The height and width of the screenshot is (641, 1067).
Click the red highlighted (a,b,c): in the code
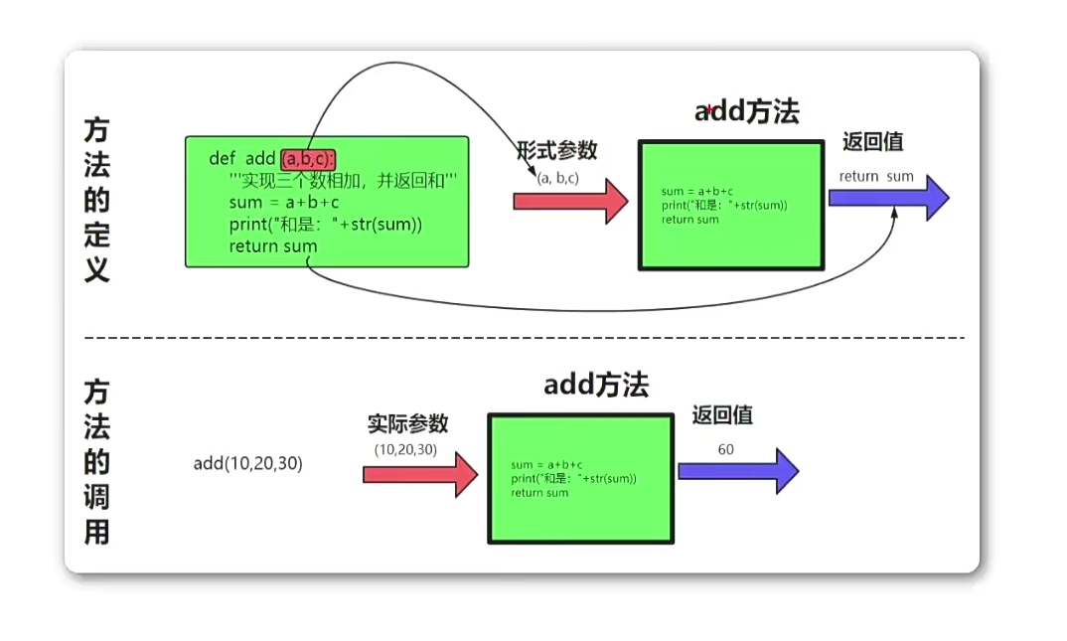tap(308, 159)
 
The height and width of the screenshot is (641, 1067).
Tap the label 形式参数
tap(556, 151)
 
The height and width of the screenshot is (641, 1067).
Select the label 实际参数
tap(407, 424)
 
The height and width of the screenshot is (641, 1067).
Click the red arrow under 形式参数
tap(570, 201)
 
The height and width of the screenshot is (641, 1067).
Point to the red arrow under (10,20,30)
tap(420, 474)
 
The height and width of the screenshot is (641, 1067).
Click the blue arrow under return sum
tap(888, 198)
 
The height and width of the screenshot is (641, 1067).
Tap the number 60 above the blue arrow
tap(725, 449)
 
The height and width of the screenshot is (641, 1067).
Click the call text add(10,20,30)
tap(247, 463)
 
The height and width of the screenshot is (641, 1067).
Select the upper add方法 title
tap(746, 111)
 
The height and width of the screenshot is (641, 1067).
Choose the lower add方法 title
tap(596, 385)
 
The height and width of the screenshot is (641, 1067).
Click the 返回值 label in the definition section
tap(872, 142)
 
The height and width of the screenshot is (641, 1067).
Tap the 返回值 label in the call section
tap(722, 415)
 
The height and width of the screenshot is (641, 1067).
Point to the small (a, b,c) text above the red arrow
tap(557, 178)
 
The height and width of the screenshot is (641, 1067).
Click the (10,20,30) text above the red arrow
tap(405, 449)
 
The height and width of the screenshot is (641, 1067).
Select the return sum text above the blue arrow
tap(875, 177)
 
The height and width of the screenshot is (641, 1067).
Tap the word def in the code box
tap(222, 159)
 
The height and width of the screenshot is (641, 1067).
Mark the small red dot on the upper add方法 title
tap(709, 108)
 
